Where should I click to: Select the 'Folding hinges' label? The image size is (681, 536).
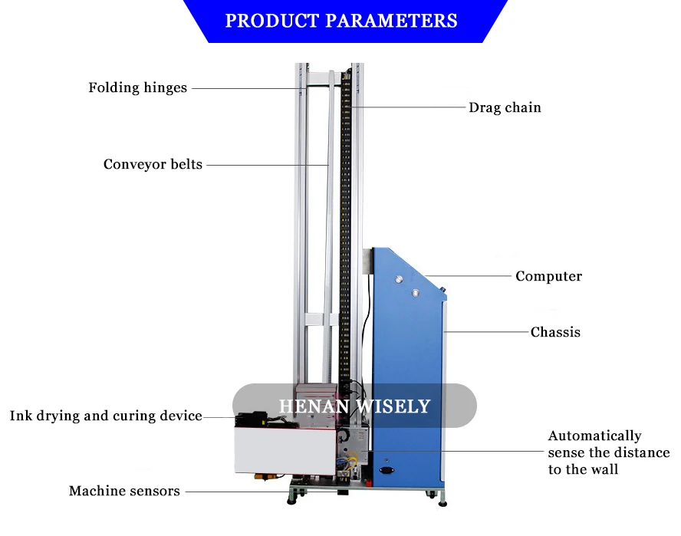point(137,87)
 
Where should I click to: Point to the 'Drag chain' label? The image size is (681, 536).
point(505,107)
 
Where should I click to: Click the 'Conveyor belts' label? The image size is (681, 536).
point(153,164)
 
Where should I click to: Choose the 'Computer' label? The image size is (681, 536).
point(548,276)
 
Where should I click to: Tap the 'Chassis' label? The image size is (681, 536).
point(555,332)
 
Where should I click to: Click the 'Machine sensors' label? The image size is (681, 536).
point(124,491)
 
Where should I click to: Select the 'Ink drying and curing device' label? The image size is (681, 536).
point(106,416)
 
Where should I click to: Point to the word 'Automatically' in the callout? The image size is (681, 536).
point(594,436)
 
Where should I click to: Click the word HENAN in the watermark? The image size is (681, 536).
point(311,406)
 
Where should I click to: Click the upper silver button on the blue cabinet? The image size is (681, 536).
point(399,278)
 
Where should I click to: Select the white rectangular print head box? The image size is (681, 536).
point(285,453)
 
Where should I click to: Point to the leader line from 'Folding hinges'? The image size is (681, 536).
point(245,87)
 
